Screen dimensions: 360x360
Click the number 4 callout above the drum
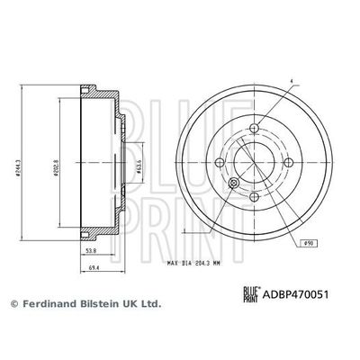[292, 84]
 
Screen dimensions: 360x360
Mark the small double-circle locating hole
[233, 184]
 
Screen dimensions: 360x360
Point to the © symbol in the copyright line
[13, 304]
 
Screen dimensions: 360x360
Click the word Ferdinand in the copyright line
[49, 304]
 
